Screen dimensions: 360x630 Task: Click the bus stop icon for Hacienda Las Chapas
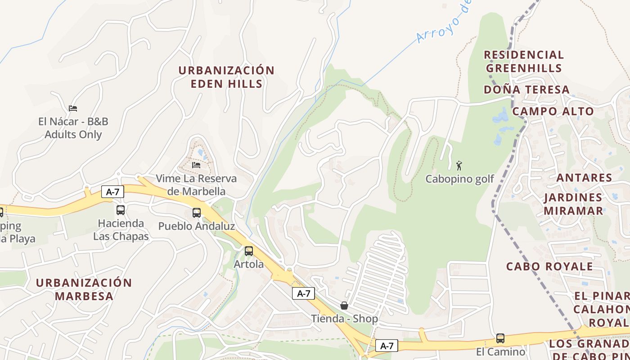[x=121, y=210]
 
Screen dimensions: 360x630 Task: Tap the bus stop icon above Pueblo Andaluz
[x=197, y=213]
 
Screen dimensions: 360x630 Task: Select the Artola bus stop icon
[x=249, y=251]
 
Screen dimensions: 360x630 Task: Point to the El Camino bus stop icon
[x=500, y=338]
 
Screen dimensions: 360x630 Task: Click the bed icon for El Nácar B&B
[x=73, y=108]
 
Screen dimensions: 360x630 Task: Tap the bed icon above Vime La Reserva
[x=196, y=165]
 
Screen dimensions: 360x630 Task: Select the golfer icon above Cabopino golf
[x=459, y=165]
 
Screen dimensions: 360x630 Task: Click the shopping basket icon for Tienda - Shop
[x=344, y=306]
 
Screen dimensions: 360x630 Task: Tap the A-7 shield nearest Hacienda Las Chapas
[x=112, y=192]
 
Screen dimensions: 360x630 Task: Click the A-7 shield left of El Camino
[x=387, y=346]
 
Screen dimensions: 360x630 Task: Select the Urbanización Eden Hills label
[x=226, y=77]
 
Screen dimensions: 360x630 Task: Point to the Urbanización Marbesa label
[x=84, y=289]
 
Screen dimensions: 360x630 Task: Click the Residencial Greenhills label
[x=524, y=62]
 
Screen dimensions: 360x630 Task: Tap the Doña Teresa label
[x=526, y=90]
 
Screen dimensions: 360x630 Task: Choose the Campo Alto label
[x=553, y=111]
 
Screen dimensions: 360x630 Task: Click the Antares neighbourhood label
[x=584, y=178]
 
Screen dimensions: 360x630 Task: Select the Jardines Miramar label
[x=573, y=204]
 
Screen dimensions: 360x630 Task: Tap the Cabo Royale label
[x=549, y=266]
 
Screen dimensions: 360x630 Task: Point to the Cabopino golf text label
[x=459, y=179]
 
